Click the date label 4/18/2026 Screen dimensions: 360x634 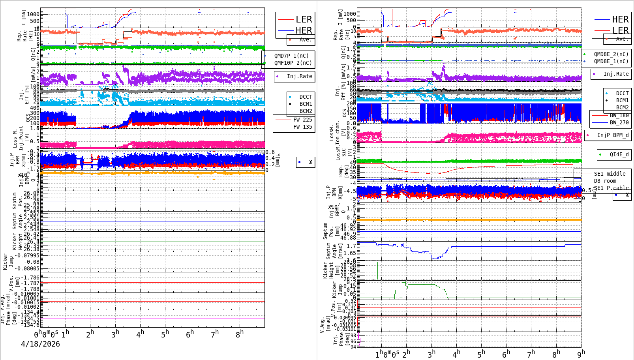pyautogui.click(x=40, y=344)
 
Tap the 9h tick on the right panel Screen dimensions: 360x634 pyautogui.click(x=581, y=354)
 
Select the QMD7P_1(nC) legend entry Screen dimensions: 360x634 pyautogui.click(x=291, y=56)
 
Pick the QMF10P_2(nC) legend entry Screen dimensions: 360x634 pyautogui.click(x=293, y=63)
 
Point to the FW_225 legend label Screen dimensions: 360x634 pyautogui.click(x=302, y=120)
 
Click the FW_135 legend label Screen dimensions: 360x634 pyautogui.click(x=302, y=127)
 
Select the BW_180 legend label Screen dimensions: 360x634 pyautogui.click(x=619, y=115)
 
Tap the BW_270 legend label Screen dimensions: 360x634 pyautogui.click(x=619, y=122)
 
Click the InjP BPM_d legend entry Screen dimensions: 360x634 pyautogui.click(x=612, y=135)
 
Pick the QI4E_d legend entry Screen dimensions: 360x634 pyautogui.click(x=619, y=154)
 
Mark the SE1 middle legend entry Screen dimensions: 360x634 pyautogui.click(x=610, y=174)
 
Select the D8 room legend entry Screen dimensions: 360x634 pyautogui.click(x=605, y=181)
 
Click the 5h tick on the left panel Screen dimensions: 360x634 pyautogui.click(x=165, y=334)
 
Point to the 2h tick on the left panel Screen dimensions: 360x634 pyautogui.click(x=90, y=334)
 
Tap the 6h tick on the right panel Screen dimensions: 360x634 pyautogui.click(x=506, y=354)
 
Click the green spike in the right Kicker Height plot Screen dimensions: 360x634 pyautogui.click(x=377, y=270)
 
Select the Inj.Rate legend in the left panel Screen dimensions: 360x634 pyautogui.click(x=299, y=76)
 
